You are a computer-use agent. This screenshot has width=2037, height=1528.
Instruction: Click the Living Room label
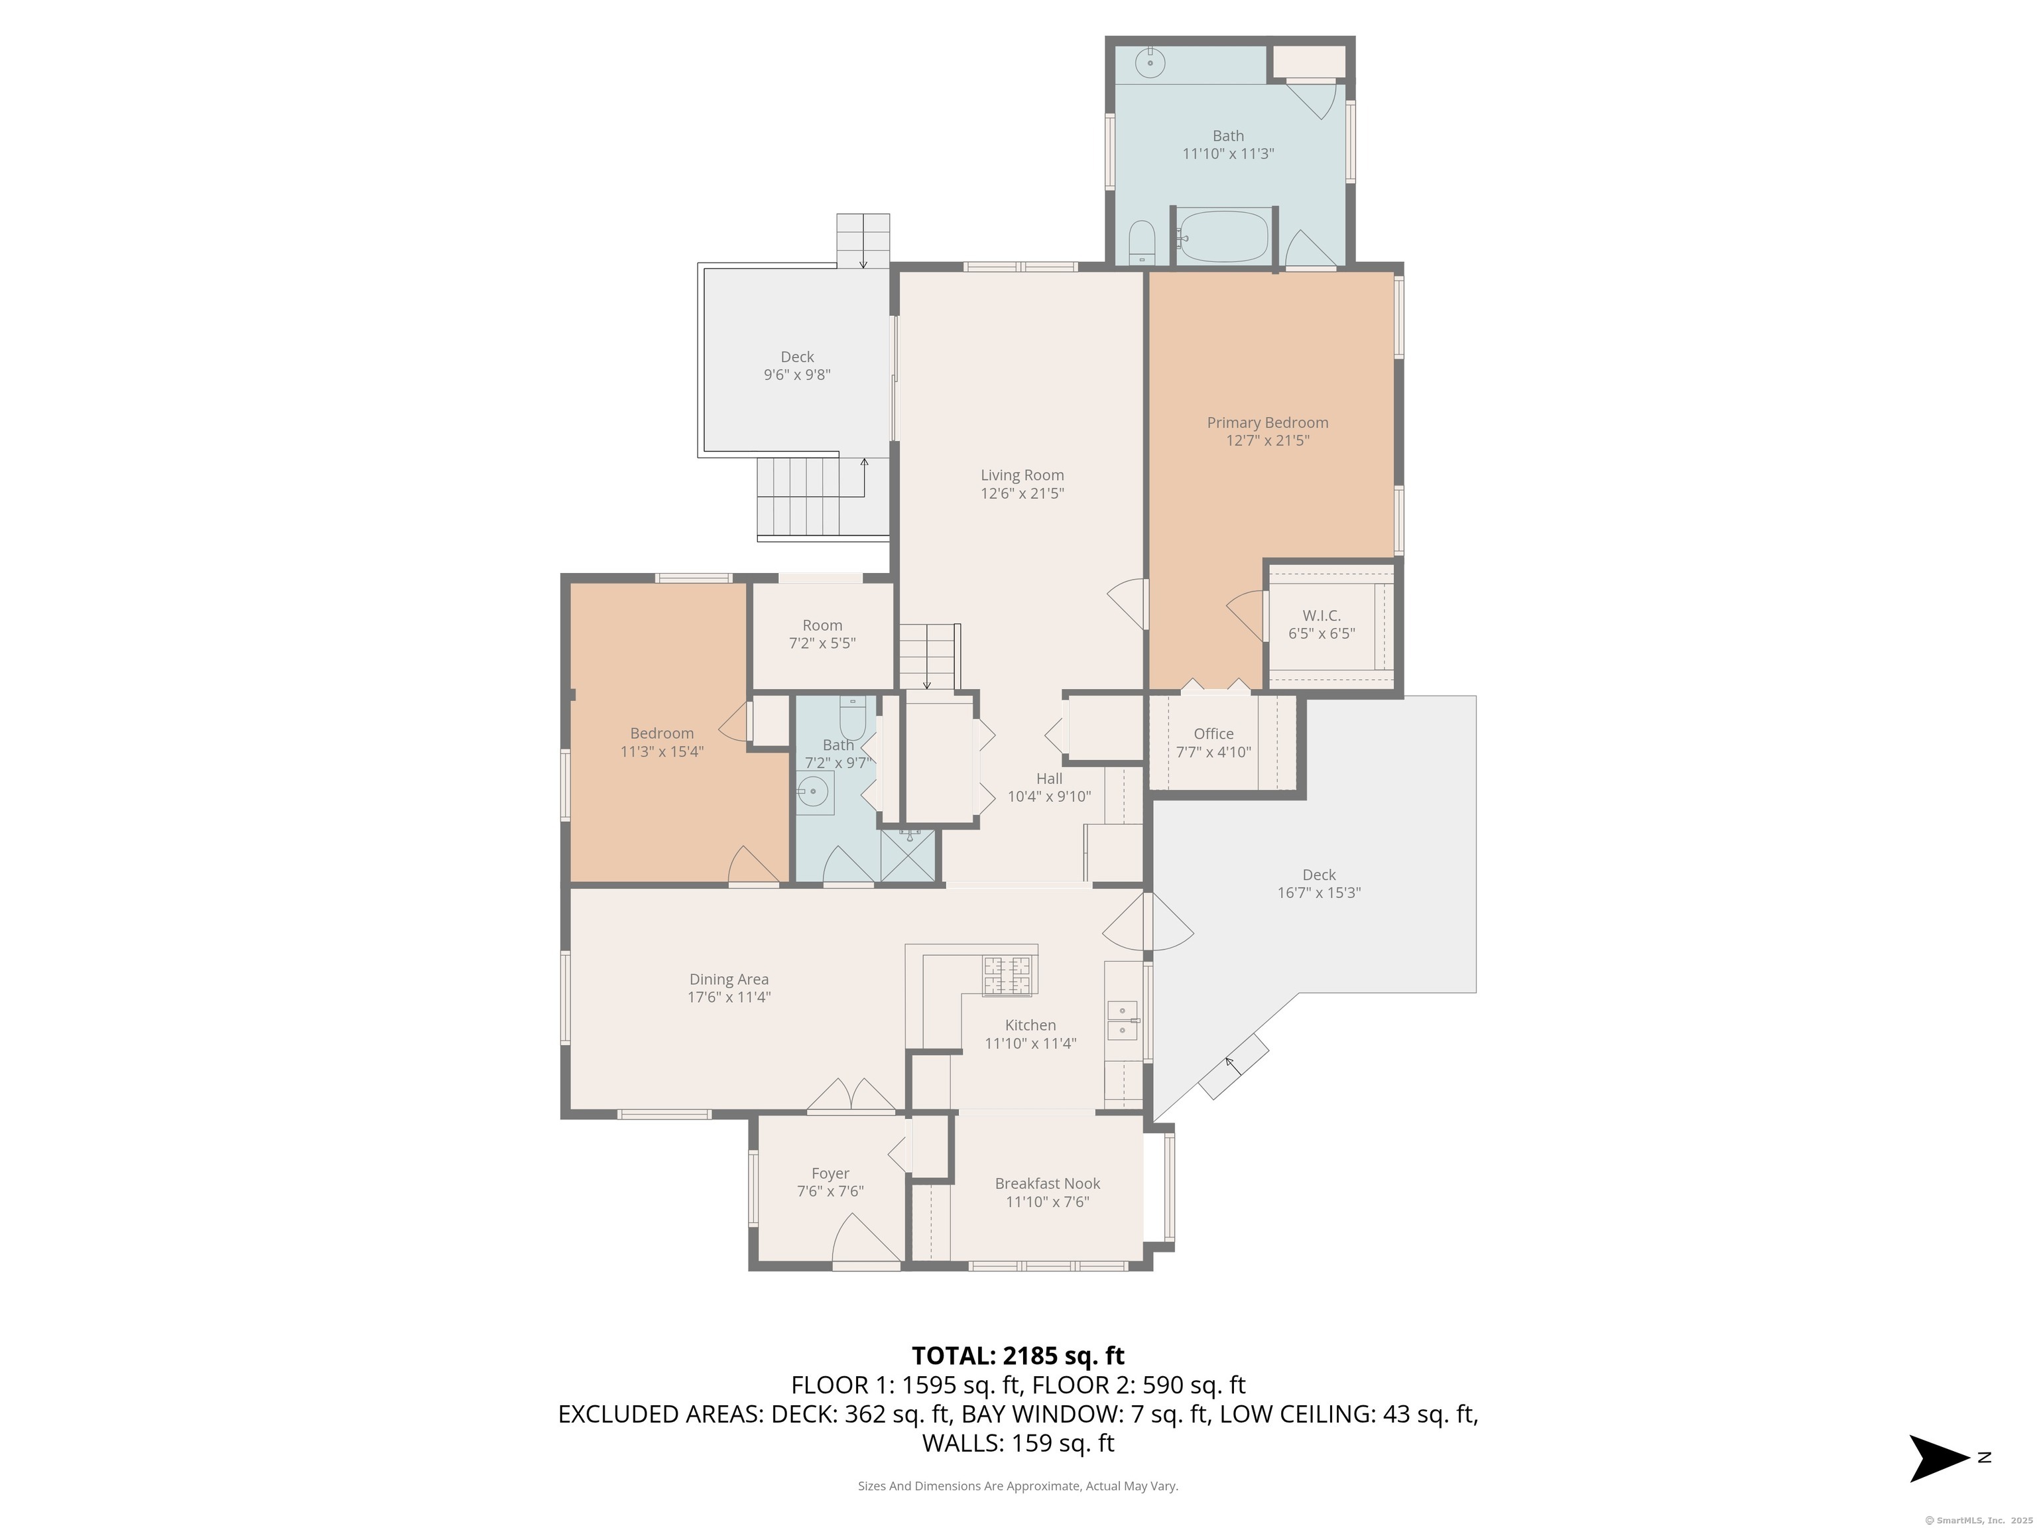pyautogui.click(x=1022, y=476)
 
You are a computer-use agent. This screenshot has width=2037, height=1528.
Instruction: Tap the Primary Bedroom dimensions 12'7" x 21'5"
pyautogui.click(x=1267, y=440)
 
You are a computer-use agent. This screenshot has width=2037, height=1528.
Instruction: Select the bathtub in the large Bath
pyautogui.click(x=1223, y=237)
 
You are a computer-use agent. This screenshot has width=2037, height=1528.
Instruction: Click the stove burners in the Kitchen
pyautogui.click(x=1007, y=976)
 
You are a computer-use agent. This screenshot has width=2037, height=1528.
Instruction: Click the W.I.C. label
pyautogui.click(x=1322, y=615)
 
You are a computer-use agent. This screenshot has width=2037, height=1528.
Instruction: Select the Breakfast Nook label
pyautogui.click(x=1047, y=1184)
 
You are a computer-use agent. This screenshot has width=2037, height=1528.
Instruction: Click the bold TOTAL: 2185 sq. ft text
pyautogui.click(x=1018, y=1356)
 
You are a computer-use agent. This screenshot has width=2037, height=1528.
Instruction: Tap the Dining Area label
pyautogui.click(x=729, y=979)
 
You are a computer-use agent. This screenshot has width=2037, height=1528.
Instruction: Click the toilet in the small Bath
pyautogui.click(x=852, y=716)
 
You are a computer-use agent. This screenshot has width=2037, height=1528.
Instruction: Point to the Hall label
pyautogui.click(x=1049, y=779)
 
